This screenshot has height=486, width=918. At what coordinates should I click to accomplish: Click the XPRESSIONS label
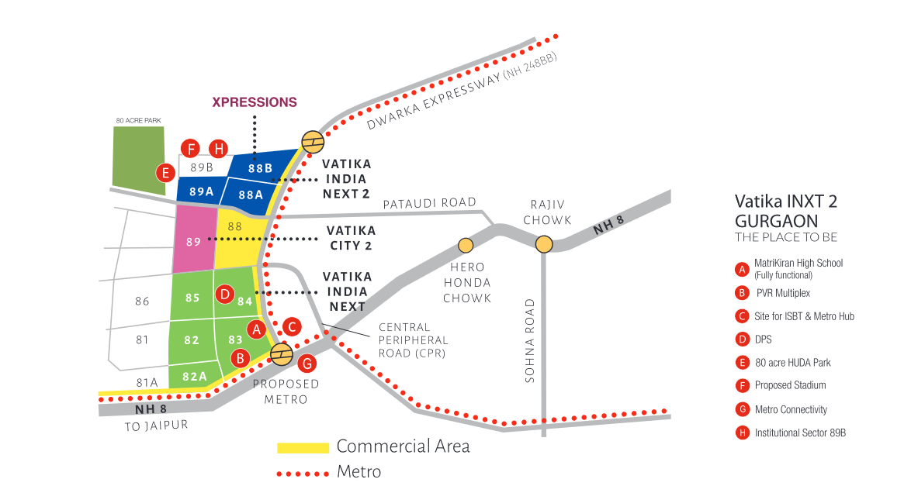[x=254, y=102]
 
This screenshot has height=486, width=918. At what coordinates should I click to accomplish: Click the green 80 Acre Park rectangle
[x=139, y=160]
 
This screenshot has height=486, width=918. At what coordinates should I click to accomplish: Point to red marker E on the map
[x=166, y=173]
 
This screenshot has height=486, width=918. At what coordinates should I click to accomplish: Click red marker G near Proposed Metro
[x=307, y=364]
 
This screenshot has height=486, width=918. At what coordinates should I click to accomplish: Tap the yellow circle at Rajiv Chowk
[x=544, y=244]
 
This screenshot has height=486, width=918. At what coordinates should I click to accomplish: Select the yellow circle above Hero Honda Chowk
[x=466, y=245]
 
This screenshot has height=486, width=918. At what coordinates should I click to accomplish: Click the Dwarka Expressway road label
[x=462, y=91]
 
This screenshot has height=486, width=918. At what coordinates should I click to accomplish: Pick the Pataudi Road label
[x=429, y=203]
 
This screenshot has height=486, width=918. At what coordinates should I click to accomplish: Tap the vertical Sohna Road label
[x=530, y=341]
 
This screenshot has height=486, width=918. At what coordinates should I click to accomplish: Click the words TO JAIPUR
[x=156, y=426]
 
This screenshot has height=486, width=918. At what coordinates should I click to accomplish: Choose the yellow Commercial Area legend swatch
[x=303, y=448]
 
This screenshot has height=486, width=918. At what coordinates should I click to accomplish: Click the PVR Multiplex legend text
[x=783, y=293]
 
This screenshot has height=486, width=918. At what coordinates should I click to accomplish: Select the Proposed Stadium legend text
[x=791, y=385]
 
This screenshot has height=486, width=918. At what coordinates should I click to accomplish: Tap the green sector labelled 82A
[x=195, y=375]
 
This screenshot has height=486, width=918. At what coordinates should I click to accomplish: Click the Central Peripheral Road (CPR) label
[x=414, y=340]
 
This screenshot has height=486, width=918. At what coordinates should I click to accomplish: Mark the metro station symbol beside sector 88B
[x=313, y=142]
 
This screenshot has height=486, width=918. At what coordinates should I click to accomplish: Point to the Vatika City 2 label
[x=351, y=238]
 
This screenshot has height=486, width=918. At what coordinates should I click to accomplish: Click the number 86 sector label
[x=142, y=302]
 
